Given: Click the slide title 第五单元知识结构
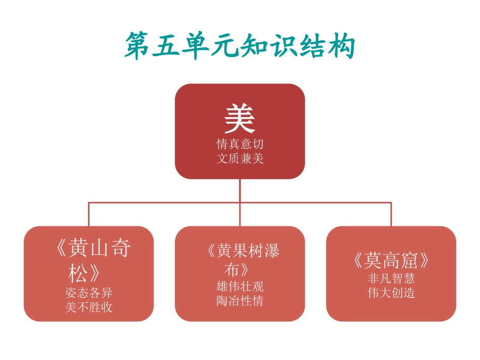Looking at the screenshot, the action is click(240, 46).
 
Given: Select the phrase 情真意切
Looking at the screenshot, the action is click(240, 144).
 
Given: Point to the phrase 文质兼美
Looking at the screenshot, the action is click(240, 159).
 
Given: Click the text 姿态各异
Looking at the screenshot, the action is click(88, 293).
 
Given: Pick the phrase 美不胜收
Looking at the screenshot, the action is click(88, 307).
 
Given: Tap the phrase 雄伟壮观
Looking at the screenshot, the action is click(240, 287).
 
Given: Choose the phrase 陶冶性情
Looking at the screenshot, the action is click(240, 301).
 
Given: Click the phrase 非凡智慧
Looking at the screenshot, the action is click(391, 279).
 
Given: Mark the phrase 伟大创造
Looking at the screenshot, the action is click(391, 293).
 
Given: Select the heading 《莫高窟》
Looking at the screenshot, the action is click(391, 261).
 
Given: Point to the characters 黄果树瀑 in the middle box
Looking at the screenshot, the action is click(248, 250).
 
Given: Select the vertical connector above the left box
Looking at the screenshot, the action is click(89, 214).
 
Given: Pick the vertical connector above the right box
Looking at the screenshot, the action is click(391, 214).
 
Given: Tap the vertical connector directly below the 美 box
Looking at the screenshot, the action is click(240, 190).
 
